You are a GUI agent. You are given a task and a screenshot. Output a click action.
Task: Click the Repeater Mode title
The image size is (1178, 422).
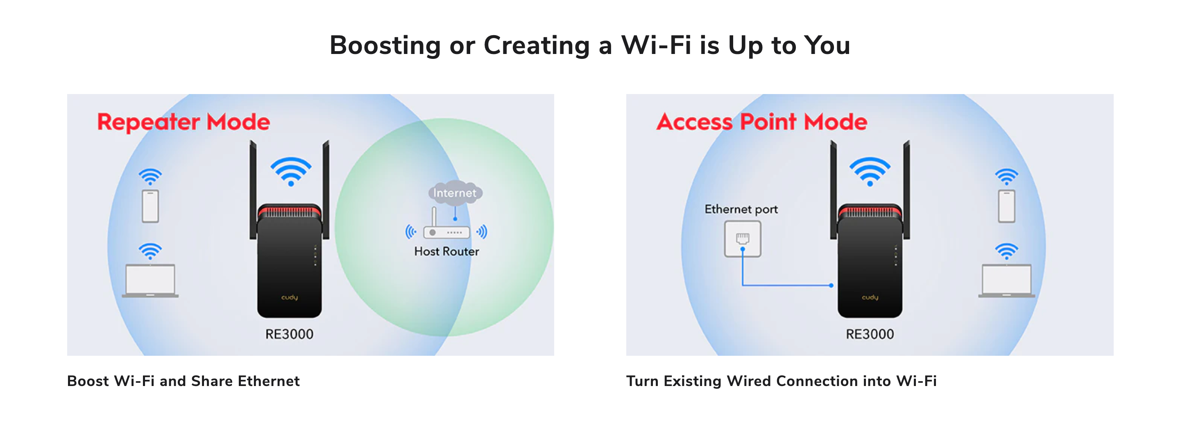coord(183,122)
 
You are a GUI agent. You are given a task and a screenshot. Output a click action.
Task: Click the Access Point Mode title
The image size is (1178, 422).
coord(762,122)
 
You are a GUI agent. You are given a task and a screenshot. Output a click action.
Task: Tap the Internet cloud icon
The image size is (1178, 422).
coord(455,192)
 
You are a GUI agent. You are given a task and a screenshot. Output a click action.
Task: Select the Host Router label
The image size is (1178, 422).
coord(446,251)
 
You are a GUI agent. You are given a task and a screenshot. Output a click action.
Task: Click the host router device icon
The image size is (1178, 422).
coord(446,226)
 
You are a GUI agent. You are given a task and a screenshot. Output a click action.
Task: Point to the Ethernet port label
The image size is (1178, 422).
coord(741,209)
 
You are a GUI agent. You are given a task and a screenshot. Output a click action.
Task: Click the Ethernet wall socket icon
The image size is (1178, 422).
coord(743,239)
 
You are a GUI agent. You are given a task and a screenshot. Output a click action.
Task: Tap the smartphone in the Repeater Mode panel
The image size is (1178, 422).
coord(150,206)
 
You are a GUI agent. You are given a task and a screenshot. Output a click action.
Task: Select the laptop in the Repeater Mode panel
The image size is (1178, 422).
coord(150,281)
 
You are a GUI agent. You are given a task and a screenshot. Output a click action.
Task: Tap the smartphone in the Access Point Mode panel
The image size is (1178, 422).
coord(1006,206)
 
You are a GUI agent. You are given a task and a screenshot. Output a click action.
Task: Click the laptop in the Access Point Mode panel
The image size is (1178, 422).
coord(1006,281)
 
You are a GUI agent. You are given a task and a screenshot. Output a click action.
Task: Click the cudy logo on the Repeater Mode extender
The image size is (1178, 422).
coord(290,297)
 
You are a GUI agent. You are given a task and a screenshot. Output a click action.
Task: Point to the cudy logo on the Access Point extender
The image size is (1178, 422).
coord(870,297)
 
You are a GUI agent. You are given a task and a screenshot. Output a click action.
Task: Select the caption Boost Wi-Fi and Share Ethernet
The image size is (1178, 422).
coord(183,381)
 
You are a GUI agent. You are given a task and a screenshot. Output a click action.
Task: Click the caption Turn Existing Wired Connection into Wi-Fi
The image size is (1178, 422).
coord(782,381)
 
